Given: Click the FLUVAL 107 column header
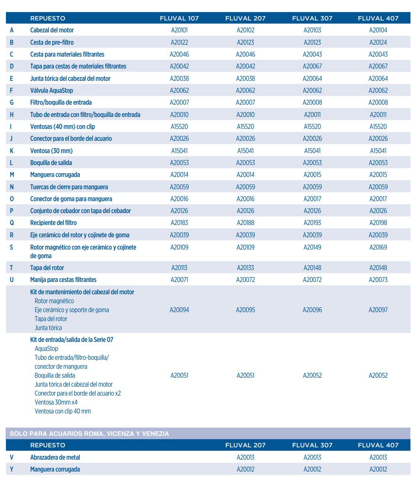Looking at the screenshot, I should click(x=179, y=18).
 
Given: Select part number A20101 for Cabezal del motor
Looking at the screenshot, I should click(x=179, y=30).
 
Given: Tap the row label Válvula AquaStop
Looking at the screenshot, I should click(x=51, y=91).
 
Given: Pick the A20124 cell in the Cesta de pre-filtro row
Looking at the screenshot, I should click(x=378, y=42).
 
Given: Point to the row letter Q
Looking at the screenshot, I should click(x=12, y=223).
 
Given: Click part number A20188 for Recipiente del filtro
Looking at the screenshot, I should click(x=245, y=223).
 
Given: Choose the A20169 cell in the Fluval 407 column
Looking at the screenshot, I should click(x=378, y=247).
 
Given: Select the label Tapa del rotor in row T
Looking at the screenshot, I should click(x=47, y=268).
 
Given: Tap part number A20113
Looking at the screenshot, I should click(x=179, y=268).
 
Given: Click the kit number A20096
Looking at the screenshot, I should click(x=312, y=310).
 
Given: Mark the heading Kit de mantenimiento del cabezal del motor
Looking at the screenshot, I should click(x=82, y=292).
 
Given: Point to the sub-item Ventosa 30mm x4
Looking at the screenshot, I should click(x=56, y=402).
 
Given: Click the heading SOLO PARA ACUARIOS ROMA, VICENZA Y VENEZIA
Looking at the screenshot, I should click(x=89, y=434).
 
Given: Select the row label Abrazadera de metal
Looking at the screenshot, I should click(x=55, y=457).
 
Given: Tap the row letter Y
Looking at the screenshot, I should click(x=12, y=469).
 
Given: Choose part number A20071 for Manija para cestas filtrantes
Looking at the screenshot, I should click(x=179, y=280).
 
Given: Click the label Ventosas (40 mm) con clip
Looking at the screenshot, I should click(x=62, y=127).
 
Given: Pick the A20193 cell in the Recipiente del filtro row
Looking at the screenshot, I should click(x=312, y=223).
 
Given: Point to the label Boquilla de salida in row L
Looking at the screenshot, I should click(x=51, y=163).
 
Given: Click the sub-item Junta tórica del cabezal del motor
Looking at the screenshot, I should click(x=73, y=384).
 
